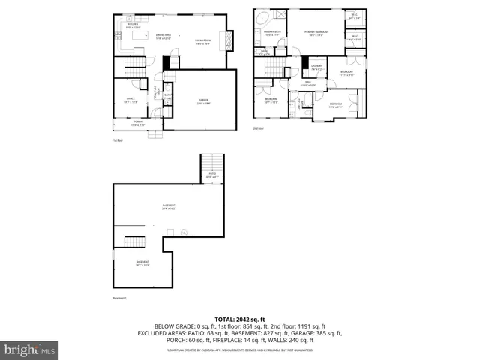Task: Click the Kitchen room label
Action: tap(133, 25)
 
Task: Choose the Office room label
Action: tap(130, 100)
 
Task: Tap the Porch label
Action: tap(138, 123)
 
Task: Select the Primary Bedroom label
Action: tap(316, 33)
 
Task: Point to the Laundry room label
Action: tap(317, 68)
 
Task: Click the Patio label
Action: tap(212, 175)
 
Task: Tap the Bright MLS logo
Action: tap(28, 349)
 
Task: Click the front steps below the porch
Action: tap(156, 134)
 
